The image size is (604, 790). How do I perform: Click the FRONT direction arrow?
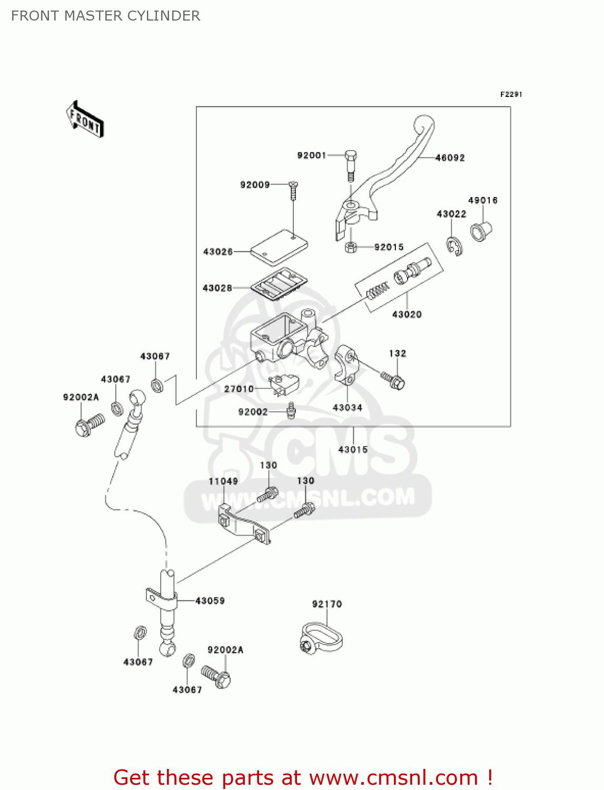click(85, 120)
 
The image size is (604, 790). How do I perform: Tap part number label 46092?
click(450, 157)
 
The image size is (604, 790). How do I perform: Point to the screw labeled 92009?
click(293, 190)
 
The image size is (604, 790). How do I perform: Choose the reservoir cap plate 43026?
click(279, 246)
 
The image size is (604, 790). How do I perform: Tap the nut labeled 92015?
click(351, 246)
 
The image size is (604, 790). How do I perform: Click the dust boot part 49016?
click(480, 231)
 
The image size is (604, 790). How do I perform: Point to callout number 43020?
click(407, 314)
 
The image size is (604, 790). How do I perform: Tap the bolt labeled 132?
click(394, 380)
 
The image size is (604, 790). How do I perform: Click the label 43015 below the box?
click(353, 449)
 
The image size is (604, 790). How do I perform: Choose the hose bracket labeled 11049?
click(245, 524)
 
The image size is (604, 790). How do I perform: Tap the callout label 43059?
click(210, 600)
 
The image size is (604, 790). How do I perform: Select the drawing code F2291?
click(510, 94)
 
